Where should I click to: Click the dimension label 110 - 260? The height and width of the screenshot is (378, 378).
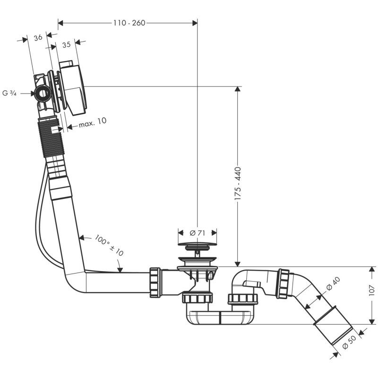click(x=128, y=22)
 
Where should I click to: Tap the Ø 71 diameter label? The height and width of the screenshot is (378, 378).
click(x=197, y=232)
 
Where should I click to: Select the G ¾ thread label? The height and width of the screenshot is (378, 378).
click(x=10, y=93)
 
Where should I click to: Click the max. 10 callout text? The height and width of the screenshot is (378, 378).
click(x=93, y=121)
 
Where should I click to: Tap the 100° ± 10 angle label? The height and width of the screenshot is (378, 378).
click(x=109, y=245)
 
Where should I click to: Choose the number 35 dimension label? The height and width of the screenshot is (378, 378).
click(x=66, y=44)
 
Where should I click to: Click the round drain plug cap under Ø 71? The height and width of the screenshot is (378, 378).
click(x=197, y=245)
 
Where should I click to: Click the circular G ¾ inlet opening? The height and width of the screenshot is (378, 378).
click(x=43, y=93)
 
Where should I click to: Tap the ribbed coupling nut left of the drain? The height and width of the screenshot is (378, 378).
click(x=155, y=283)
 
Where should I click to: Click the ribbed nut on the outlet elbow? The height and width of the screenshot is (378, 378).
click(x=283, y=283)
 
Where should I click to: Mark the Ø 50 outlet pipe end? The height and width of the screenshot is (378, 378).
click(x=334, y=331)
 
